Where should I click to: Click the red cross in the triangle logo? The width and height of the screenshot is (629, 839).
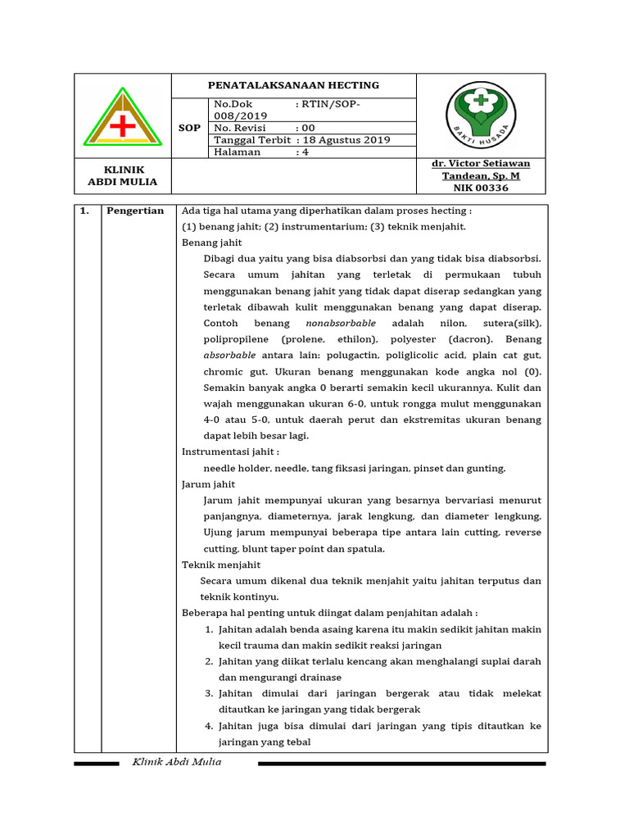coord(123,125)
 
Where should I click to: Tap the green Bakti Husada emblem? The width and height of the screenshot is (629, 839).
coord(481,115)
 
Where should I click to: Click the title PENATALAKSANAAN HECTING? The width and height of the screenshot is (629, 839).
coord(293,85)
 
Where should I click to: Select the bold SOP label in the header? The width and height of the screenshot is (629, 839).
coord(190,128)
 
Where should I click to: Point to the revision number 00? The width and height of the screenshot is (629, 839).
coord(308,128)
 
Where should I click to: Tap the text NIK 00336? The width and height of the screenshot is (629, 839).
coord(481,188)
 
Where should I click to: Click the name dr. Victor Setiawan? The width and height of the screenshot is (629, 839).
coord(481,164)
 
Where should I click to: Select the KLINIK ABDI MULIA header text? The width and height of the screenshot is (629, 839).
coord(123,175)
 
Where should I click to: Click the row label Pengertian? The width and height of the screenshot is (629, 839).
coord(135,211)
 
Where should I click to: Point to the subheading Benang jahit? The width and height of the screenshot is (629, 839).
coord(211,243)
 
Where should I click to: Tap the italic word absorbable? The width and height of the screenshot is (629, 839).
coord(229,356)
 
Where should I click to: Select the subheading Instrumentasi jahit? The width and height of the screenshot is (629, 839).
coord(230,451)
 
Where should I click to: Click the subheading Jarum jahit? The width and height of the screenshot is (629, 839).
coord(208,484)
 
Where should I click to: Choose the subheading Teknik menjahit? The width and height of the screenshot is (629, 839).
coord(221,565)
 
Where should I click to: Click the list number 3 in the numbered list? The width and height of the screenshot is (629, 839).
coord(209,693)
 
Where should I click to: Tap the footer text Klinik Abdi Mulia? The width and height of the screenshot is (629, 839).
coord(177,762)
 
